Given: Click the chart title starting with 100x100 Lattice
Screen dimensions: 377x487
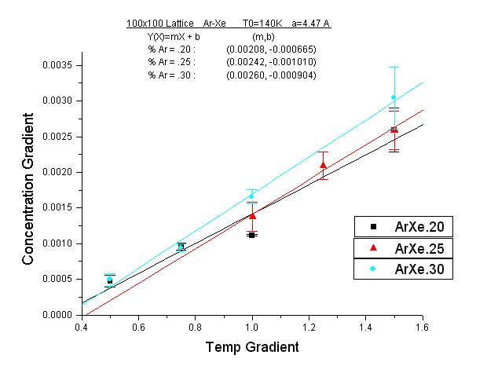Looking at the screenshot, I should (x=229, y=24).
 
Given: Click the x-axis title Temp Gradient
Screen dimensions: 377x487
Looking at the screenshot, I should (x=251, y=346).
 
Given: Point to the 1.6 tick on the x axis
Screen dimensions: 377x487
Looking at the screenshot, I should (x=423, y=325).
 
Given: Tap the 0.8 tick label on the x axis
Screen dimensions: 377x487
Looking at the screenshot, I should (x=195, y=325).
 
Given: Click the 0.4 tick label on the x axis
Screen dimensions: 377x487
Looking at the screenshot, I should (x=81, y=325).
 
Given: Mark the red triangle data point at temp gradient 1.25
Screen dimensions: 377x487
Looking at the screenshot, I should (x=323, y=165).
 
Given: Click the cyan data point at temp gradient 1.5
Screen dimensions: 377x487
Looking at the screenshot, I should (x=394, y=97).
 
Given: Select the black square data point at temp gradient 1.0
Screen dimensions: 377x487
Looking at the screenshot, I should (x=252, y=235).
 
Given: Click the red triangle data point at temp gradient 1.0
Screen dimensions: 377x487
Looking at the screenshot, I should (x=252, y=215).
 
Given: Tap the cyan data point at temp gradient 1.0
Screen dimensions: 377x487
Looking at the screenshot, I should (x=252, y=196).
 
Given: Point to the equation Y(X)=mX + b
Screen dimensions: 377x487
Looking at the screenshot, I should (x=173, y=37).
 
